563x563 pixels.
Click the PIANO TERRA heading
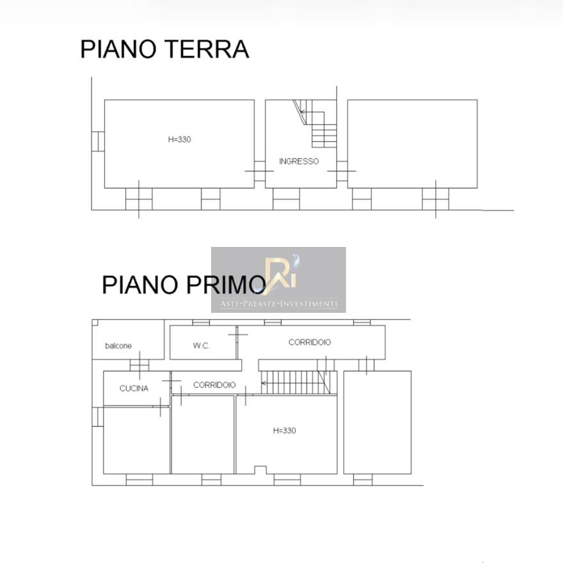pos(164,49)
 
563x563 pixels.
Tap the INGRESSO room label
pos(299,161)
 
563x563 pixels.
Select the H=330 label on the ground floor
pos(180,139)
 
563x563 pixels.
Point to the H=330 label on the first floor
pos(284,431)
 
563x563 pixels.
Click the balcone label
pos(118,345)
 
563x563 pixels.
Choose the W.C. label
pos(201,345)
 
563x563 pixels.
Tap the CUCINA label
pos(134,388)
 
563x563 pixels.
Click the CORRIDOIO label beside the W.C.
pos(310,342)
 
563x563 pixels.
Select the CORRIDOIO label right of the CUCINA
pos(214,385)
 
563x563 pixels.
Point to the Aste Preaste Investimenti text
pos(279,304)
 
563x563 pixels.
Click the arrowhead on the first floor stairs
pos(264,383)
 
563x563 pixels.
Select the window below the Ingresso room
pos(286,199)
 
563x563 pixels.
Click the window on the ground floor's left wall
pos(98,141)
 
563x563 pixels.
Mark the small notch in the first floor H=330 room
pos(260,470)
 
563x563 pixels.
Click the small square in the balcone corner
pos(95,322)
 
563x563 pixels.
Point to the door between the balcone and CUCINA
pos(139,365)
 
